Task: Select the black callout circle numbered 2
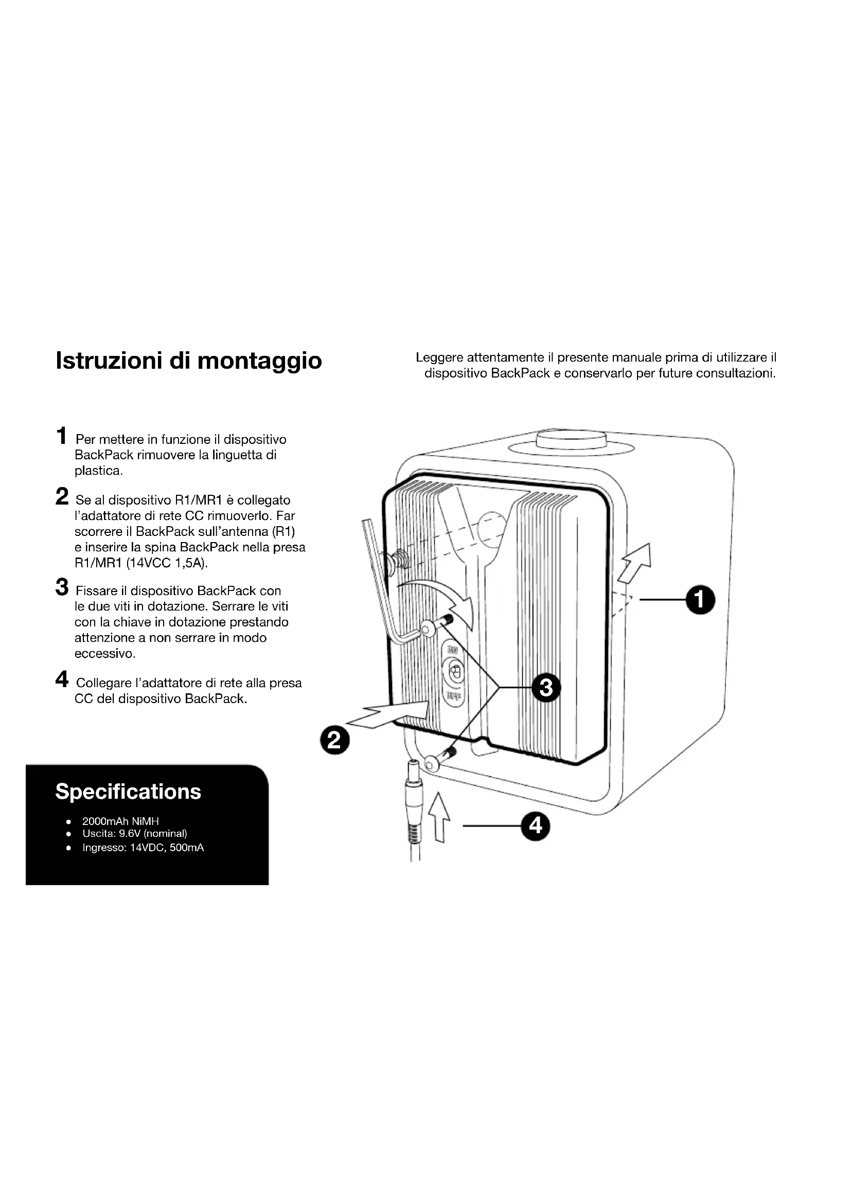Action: (x=335, y=740)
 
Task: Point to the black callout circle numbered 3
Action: (x=546, y=687)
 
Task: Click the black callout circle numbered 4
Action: (x=535, y=827)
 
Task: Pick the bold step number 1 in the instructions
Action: (x=62, y=436)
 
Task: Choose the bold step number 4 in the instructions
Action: (x=62, y=679)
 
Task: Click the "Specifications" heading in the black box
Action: (x=128, y=792)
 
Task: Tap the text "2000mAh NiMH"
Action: (x=120, y=821)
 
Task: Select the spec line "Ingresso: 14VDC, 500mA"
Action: (x=143, y=847)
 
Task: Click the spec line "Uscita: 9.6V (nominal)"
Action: (x=134, y=834)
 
